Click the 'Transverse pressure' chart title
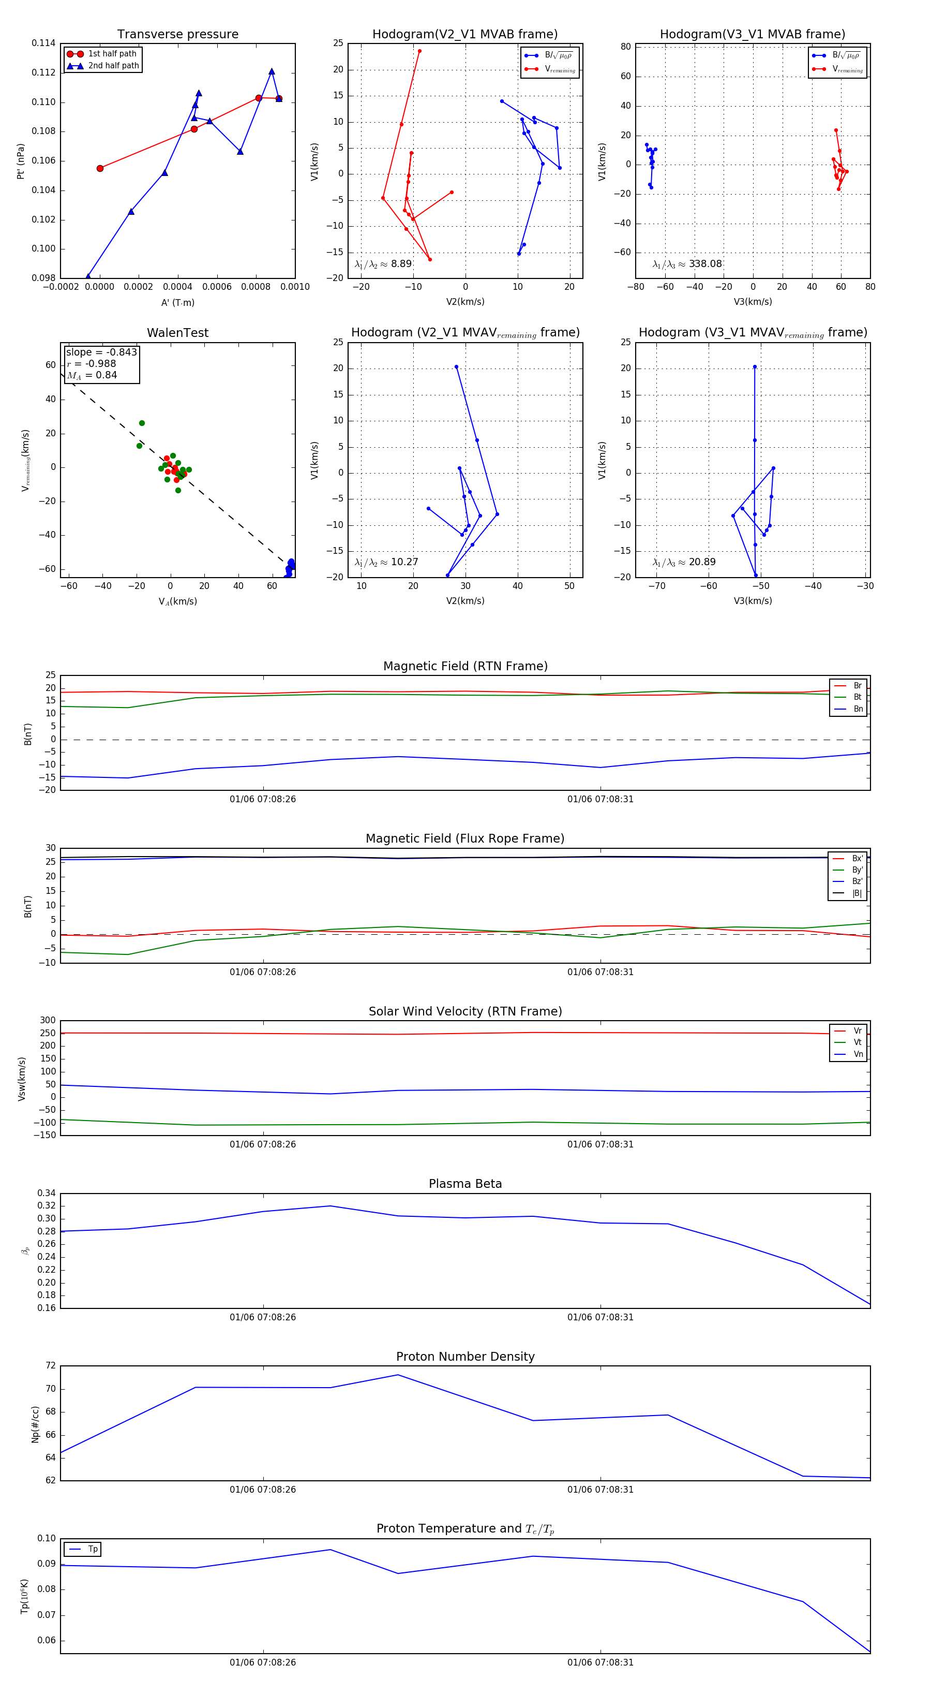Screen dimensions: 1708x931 (x=177, y=35)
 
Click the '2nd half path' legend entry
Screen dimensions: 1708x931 (x=113, y=66)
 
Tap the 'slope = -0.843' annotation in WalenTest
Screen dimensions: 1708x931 (x=101, y=352)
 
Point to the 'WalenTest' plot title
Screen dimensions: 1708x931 (x=177, y=333)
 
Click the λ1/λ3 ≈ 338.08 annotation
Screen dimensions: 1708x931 (x=687, y=264)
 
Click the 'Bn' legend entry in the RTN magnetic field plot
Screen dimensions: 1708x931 (x=858, y=709)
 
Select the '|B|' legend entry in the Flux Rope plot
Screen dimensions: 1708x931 (x=857, y=893)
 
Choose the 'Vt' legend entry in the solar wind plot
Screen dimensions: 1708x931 (x=858, y=1042)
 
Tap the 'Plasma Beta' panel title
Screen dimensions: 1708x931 (x=465, y=1184)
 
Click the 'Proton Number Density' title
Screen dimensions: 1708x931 (x=465, y=1357)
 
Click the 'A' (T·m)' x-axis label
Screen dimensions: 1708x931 (x=177, y=302)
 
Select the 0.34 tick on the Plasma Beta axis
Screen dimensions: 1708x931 (x=47, y=1193)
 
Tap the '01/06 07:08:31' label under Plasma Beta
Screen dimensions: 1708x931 (x=600, y=1317)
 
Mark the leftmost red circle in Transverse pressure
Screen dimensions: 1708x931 (x=100, y=168)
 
